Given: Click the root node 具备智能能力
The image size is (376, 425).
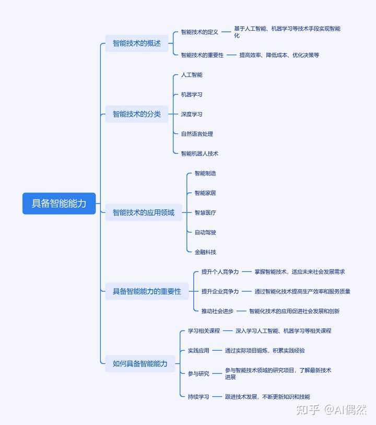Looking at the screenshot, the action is [59, 203].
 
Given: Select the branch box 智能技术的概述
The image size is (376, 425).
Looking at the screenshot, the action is [137, 43].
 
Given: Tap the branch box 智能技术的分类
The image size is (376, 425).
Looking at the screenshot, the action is [137, 114].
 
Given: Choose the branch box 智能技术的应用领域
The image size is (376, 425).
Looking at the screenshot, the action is [144, 212].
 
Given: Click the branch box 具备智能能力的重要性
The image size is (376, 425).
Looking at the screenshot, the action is [147, 291].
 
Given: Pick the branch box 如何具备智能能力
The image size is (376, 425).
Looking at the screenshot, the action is [140, 363].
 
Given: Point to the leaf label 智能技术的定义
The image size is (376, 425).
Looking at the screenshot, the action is [199, 32].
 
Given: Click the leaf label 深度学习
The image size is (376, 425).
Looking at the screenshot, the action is [192, 114].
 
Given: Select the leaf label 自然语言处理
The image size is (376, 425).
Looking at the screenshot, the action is [197, 134].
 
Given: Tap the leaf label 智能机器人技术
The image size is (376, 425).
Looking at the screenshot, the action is [199, 154].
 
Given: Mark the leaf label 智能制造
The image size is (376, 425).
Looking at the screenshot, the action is [205, 173].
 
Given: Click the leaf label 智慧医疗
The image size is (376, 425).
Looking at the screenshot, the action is [205, 212].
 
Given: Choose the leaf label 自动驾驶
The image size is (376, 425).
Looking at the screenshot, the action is [205, 232].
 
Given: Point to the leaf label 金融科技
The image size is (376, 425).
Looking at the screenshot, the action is [205, 252].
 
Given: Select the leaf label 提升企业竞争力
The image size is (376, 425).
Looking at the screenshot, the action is [220, 291].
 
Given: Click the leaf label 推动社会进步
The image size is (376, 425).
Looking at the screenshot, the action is [217, 311].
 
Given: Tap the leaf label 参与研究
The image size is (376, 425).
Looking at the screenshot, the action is [198, 373].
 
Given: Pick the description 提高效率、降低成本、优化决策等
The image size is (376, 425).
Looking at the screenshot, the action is [279, 55].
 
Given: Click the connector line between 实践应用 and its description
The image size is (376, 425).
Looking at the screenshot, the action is [217, 350].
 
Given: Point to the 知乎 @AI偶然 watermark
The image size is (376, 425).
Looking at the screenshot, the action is [332, 409].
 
